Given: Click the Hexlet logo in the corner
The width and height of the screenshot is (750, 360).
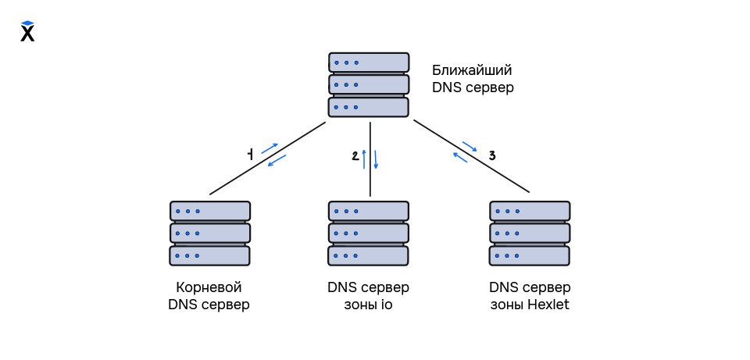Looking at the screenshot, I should (x=27, y=31).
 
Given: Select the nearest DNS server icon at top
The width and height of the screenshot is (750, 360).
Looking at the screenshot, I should (x=369, y=84).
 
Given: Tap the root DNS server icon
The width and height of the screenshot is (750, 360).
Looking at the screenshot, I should (x=209, y=233).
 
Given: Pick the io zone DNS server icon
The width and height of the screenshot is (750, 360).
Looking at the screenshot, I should (x=369, y=233).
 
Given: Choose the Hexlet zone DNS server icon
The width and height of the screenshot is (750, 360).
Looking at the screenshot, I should (x=530, y=233).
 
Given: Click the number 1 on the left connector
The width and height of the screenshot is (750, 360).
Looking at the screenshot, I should (x=250, y=155).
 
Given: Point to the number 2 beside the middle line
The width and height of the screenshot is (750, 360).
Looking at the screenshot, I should (x=355, y=156).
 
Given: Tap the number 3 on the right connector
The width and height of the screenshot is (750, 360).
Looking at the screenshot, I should (x=491, y=155).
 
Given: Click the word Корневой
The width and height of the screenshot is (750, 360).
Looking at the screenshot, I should (x=209, y=287).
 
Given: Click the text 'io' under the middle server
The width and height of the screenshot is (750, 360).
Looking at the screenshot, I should (x=386, y=305).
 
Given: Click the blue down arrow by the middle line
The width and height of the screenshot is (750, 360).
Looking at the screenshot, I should (x=376, y=159).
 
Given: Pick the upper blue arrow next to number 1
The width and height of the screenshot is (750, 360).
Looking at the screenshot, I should (x=270, y=148).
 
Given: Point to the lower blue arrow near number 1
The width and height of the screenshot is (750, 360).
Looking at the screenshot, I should (x=277, y=160).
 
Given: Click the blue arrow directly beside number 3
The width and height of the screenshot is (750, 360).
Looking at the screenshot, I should (x=470, y=146).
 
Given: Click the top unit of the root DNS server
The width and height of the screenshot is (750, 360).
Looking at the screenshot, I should (x=209, y=211).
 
